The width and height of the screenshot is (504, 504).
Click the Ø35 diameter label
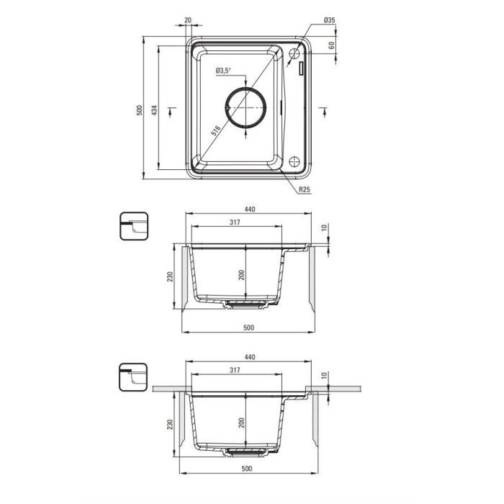coord(329,20)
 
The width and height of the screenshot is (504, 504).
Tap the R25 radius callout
coord(305,189)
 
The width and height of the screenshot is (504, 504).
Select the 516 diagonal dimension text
coord(216,130)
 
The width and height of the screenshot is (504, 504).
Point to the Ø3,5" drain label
coord(223,71)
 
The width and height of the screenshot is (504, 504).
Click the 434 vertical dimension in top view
coord(155,110)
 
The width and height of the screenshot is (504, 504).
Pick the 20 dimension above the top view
coord(188,20)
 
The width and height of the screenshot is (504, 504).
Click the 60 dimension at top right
coord(331,45)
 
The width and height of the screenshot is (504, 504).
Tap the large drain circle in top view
coord(246,107)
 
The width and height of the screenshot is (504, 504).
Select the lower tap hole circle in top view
coord(294,162)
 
